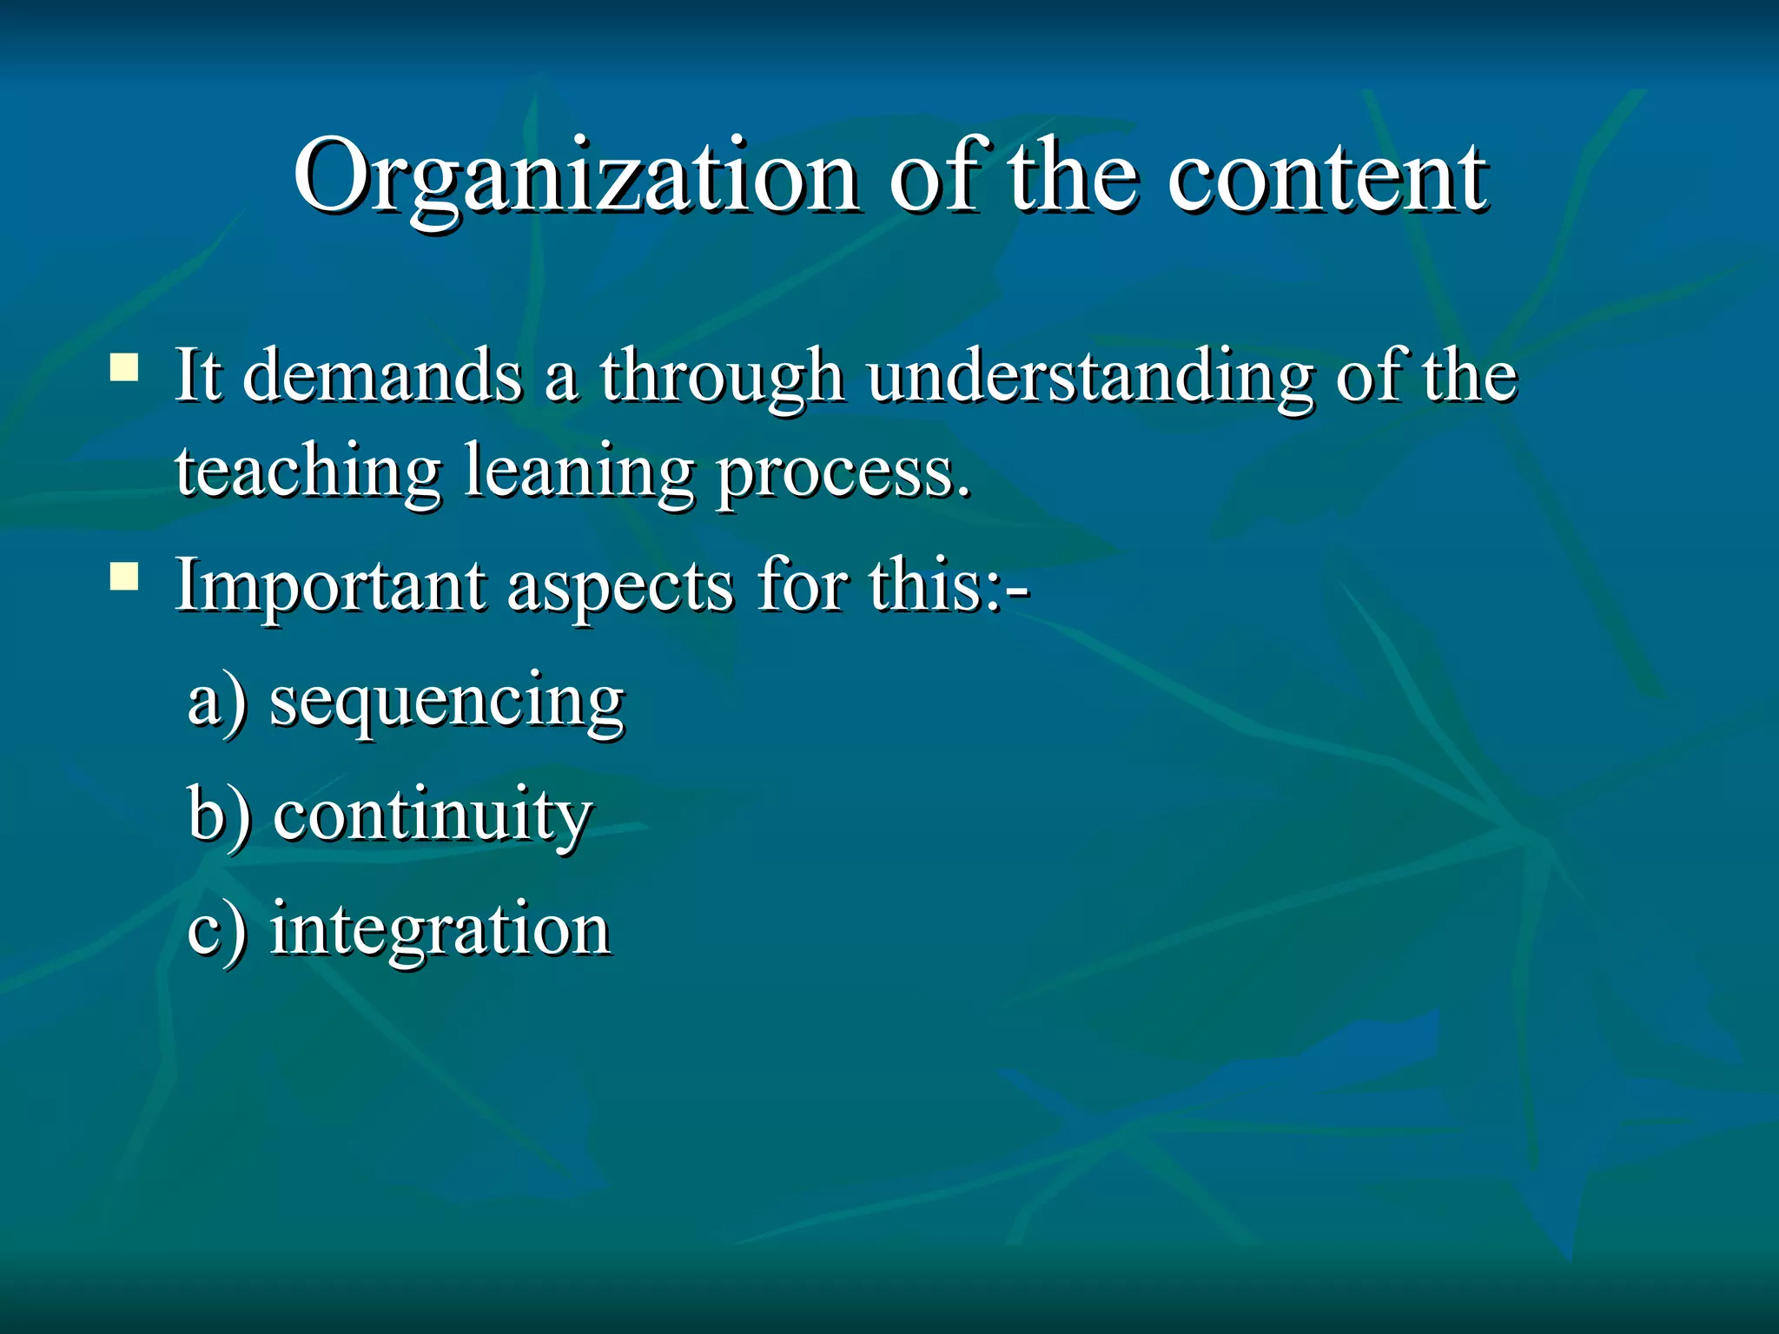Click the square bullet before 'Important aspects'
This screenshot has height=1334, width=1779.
pyautogui.click(x=124, y=576)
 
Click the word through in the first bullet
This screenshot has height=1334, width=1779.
pyautogui.click(x=721, y=378)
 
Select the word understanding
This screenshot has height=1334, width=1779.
pyautogui.click(x=1090, y=378)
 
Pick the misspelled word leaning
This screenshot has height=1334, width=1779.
pyautogui.click(x=579, y=473)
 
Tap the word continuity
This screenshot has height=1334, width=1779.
pyautogui.click(x=433, y=816)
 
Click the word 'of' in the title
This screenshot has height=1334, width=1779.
pyautogui.click(x=942, y=178)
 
